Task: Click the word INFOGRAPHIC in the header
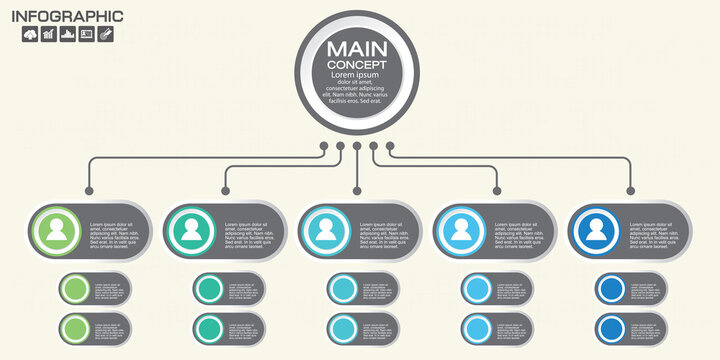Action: (66, 16)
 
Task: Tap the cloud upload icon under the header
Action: (30, 34)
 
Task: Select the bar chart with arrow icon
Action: (49, 34)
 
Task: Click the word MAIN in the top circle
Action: (357, 47)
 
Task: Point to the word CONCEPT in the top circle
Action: (357, 65)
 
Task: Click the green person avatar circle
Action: (59, 232)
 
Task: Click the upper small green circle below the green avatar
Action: (74, 290)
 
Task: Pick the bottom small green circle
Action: (74, 328)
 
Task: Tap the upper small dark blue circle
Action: (610, 290)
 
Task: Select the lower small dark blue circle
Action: (610, 328)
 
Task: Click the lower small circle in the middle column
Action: (342, 328)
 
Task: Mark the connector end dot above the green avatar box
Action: (90, 190)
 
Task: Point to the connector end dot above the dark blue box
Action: (630, 190)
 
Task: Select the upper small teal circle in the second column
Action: (208, 290)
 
